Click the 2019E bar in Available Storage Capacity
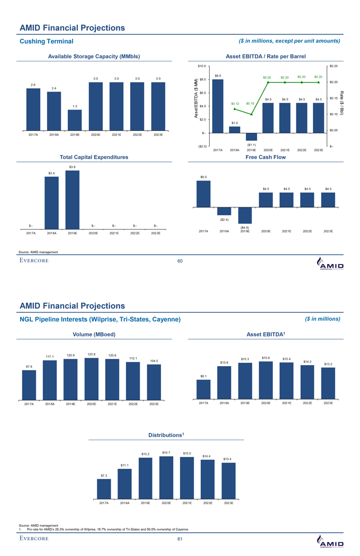[75, 120]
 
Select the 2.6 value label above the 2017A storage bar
[33, 85]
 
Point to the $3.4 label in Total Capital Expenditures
[51, 173]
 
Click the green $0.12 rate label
[236, 103]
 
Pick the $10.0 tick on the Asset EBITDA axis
[202, 66]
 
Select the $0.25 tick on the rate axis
[334, 66]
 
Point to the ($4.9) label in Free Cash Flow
[245, 227]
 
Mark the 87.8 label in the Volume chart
[29, 366]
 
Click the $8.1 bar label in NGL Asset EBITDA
[203, 376]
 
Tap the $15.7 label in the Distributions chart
[166, 452]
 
